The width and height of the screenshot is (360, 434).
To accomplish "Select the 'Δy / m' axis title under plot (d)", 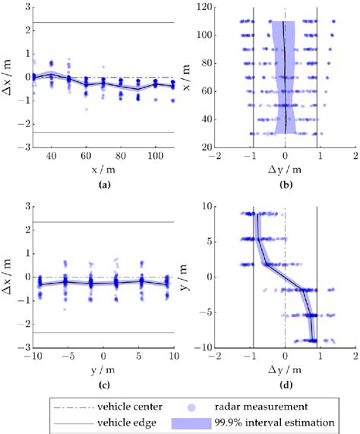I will click(x=286, y=369).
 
